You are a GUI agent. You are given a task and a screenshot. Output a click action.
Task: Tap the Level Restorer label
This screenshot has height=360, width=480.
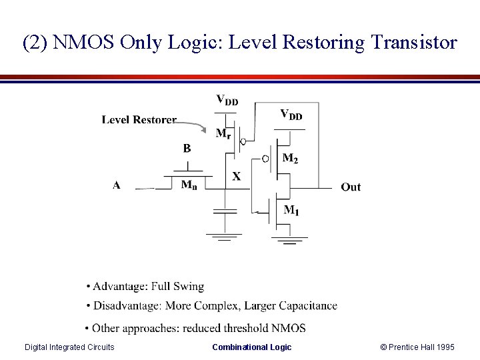pos(139,120)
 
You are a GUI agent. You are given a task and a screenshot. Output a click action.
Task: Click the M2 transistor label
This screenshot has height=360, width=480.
pos(290,158)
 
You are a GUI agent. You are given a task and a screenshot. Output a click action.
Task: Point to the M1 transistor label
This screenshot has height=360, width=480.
pos(291,211)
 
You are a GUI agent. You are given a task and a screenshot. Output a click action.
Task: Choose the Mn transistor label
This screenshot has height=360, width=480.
pos(189,185)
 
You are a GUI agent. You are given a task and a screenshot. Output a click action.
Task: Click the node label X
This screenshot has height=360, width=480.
pos(236,177)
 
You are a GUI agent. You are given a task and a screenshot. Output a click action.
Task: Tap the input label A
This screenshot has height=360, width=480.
pos(117,185)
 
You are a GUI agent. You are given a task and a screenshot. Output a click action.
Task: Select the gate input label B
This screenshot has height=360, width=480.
pos(187,148)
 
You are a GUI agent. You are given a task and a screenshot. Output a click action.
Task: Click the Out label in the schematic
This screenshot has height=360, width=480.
pos(351,187)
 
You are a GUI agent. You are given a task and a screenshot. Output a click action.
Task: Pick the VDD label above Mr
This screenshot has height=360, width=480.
pos(227,101)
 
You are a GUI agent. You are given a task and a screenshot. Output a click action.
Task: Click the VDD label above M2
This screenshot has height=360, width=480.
pos(291,115)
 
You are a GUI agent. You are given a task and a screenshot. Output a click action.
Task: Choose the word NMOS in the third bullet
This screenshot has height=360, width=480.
pos(291,328)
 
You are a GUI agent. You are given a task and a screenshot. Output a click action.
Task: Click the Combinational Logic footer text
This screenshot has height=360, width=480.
pos(251,347)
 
